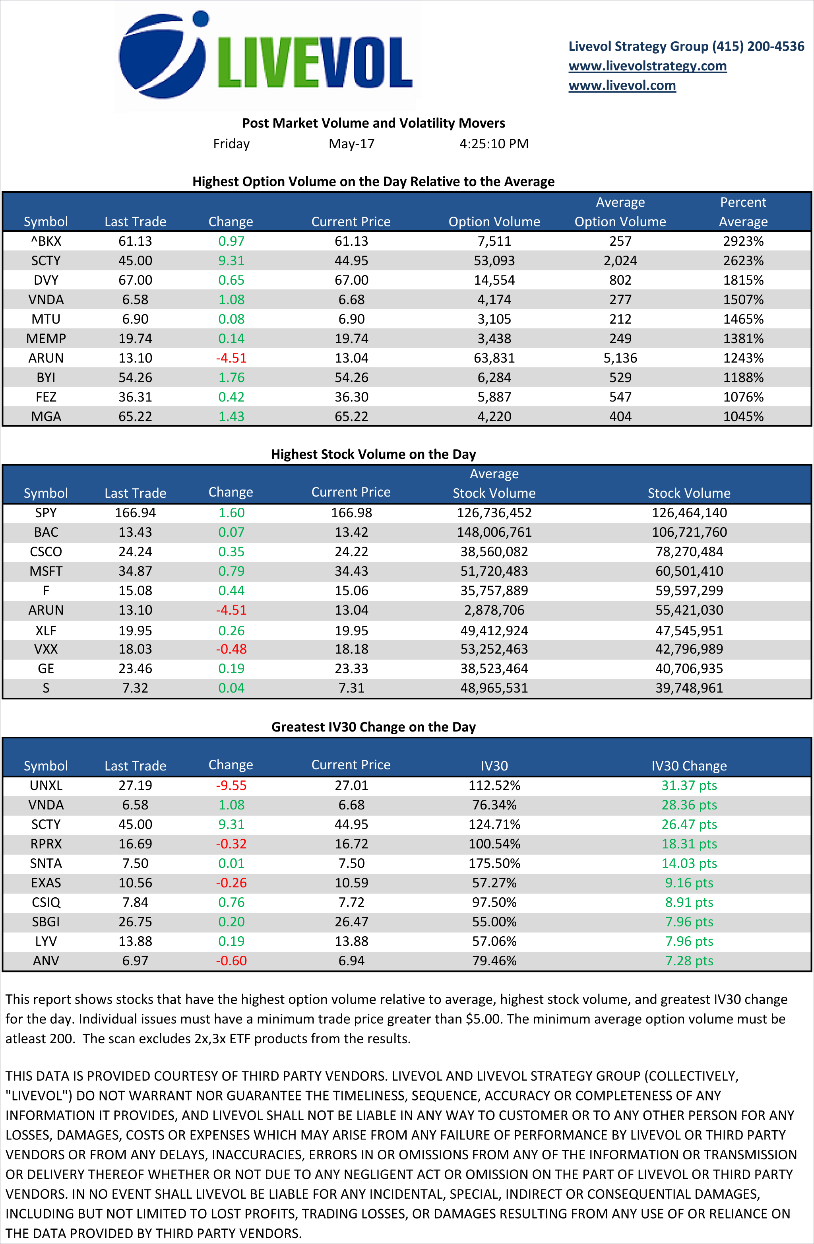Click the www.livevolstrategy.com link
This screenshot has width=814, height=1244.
coord(647,66)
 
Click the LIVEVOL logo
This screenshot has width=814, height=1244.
coord(266,56)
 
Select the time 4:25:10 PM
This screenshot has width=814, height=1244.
coord(494,144)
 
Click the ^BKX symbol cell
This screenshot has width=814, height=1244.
coord(46,241)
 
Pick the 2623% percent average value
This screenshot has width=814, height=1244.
coord(743,260)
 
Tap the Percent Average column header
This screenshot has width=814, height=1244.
coord(743,212)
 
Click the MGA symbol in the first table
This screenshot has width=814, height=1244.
coord(46,417)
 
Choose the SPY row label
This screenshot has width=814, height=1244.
coord(46,513)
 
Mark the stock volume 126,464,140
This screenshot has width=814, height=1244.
coord(689,513)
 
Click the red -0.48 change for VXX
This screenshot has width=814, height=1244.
coord(231,649)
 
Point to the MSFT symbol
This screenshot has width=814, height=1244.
coord(46,571)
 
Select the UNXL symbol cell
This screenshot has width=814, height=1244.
coord(46,786)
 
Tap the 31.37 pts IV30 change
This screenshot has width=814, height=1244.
coord(689,786)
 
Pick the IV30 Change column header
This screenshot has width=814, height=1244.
coord(689,766)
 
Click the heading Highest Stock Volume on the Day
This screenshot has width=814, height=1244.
coord(373,454)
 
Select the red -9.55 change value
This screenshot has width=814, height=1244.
coord(231,786)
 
